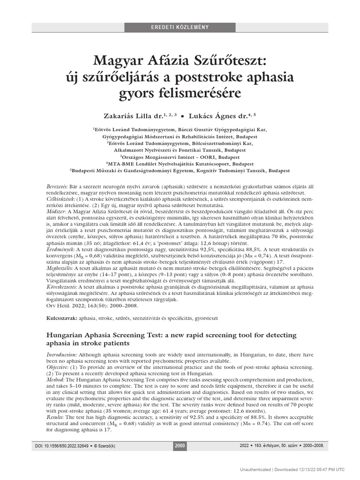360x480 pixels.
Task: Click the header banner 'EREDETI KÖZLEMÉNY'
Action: tap(180, 27)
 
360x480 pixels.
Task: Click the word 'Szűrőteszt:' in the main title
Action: tap(231, 60)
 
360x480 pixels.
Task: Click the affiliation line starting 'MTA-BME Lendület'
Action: tap(180, 165)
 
